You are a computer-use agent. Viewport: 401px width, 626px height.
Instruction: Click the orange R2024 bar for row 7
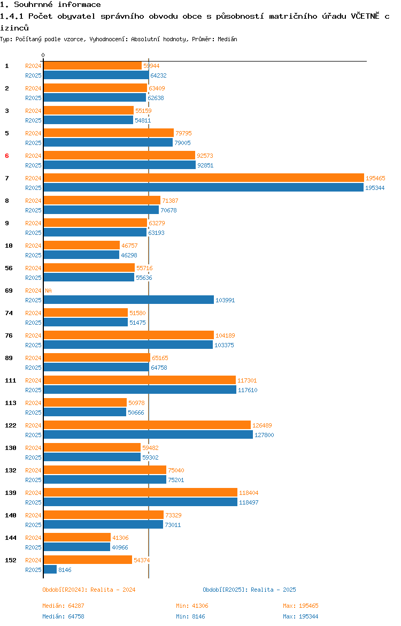pos(204,178)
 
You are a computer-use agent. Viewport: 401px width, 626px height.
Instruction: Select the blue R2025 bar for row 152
pos(50,570)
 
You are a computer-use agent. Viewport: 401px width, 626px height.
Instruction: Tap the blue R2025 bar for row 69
pos(128,300)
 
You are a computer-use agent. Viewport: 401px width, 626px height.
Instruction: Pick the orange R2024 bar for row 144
pos(77,538)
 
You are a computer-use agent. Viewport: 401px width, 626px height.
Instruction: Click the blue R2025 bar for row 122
pos(148,435)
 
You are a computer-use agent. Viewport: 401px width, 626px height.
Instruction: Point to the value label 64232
pos(158,75)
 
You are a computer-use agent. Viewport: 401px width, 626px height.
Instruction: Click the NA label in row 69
pos(48,291)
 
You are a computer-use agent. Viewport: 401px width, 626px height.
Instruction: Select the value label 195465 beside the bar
pos(375,178)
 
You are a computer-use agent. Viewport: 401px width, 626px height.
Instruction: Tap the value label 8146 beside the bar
pos(65,570)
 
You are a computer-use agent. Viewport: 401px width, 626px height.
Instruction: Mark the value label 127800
pos(264,435)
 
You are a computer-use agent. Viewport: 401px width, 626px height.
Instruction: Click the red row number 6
pos(7,156)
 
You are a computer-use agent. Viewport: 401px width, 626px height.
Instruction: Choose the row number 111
pos(10,380)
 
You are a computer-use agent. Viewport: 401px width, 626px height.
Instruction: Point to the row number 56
pos(9,268)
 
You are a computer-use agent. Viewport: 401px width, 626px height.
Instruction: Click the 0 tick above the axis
pos(43,55)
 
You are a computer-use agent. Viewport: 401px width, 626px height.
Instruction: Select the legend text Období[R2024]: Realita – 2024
pos(89,590)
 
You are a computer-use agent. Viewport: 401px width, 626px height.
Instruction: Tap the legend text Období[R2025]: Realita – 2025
pos(249,590)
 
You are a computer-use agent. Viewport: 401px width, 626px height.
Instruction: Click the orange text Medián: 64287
pos(64,606)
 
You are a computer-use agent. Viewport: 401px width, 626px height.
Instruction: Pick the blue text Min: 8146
pos(191,616)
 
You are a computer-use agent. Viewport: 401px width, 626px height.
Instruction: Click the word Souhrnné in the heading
pos(33,4)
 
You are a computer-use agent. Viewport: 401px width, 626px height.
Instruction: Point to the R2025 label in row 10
pos(33,256)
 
